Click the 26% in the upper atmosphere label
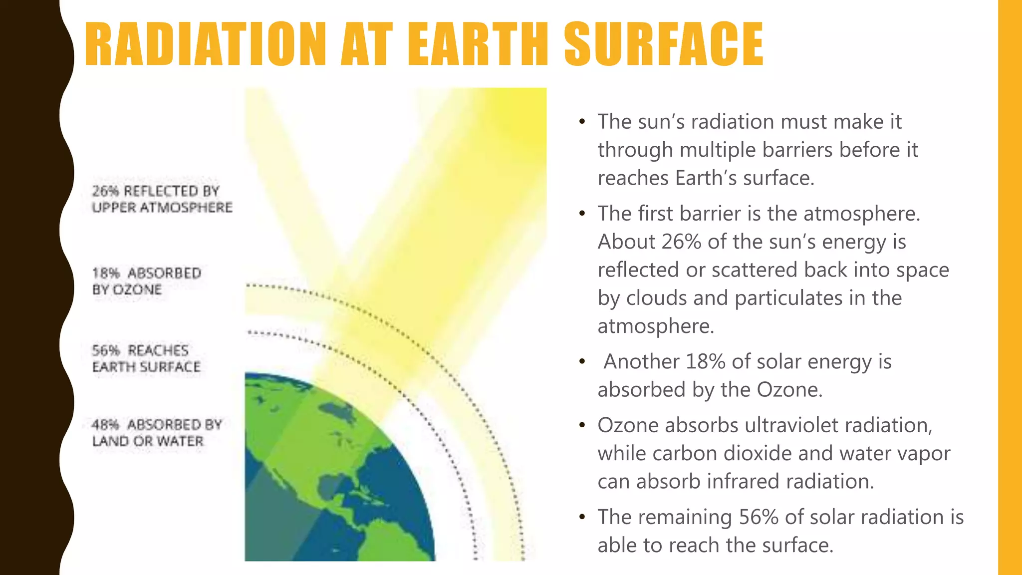[105, 191]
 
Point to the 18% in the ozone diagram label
[106, 274]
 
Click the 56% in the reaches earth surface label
[106, 351]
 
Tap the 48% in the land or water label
[106, 425]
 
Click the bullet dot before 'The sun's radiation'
[581, 122]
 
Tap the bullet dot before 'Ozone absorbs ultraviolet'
[581, 425]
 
